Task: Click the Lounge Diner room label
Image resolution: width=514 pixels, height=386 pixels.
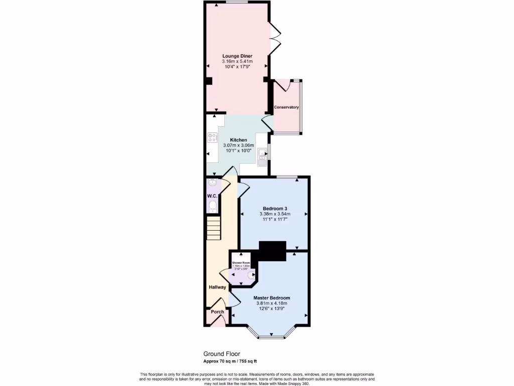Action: click(237, 56)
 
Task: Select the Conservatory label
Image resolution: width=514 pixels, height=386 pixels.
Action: click(286, 107)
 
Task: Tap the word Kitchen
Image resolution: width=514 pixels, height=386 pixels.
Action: click(238, 140)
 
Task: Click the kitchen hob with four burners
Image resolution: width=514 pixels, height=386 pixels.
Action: click(212, 137)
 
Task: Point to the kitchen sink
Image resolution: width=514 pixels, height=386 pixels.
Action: click(262, 157)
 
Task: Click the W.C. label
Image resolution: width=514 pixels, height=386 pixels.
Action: click(212, 196)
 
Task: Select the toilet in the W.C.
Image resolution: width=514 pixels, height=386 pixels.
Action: click(213, 206)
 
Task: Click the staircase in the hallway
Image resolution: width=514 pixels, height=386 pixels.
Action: click(214, 228)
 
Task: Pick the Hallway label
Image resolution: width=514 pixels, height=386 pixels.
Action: click(217, 287)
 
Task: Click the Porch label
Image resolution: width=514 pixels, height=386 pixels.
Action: click(217, 312)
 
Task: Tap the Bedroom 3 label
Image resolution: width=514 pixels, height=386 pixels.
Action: click(275, 208)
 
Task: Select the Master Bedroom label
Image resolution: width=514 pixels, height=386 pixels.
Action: click(272, 298)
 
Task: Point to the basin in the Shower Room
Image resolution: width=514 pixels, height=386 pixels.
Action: click(251, 275)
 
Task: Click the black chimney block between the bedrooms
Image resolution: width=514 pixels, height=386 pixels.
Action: click(272, 251)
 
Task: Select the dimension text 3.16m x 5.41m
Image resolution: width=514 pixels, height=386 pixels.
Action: click(237, 61)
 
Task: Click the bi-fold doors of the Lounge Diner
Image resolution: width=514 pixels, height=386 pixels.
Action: click(275, 38)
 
